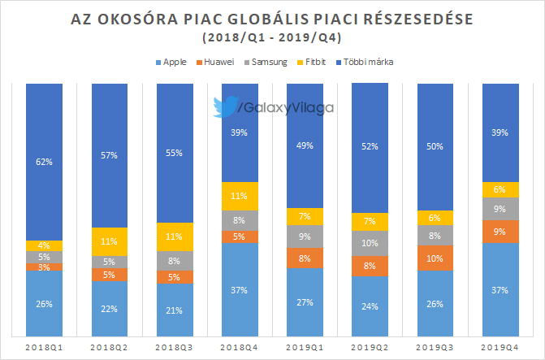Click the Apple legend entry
pos(174,61)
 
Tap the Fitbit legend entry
pos(327,61)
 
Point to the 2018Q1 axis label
pos(45,347)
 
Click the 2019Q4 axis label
pos(499,347)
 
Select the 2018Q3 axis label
pos(175,347)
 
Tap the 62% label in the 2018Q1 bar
pos(45,162)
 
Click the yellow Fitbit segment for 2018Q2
pos(110,241)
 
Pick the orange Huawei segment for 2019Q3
pos(435,258)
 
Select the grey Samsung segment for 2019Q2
pos(370,243)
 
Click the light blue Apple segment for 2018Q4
pos(240,288)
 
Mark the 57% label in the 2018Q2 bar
pos(110,155)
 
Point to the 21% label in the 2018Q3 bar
pos(175,309)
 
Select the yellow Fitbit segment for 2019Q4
pos(499,189)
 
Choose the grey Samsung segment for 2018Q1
pos(45,257)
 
